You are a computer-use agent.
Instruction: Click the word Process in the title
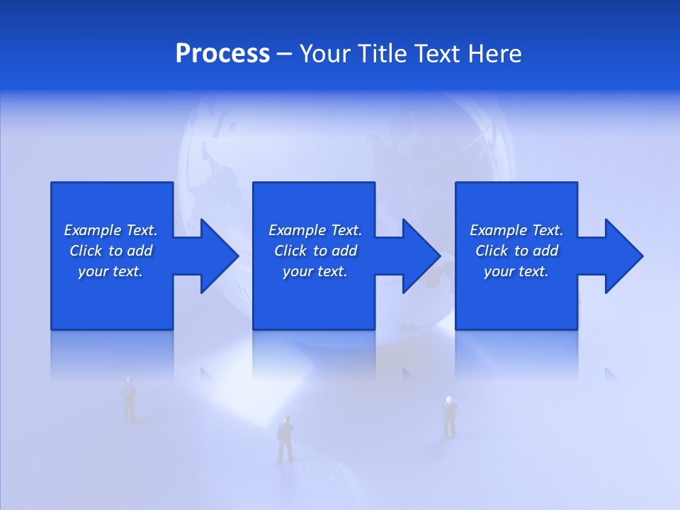pyautogui.click(x=222, y=54)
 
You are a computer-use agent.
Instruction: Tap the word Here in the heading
pyautogui.click(x=495, y=54)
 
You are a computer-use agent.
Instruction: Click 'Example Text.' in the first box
pyautogui.click(x=110, y=230)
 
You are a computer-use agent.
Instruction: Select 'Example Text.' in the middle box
pyautogui.click(x=315, y=230)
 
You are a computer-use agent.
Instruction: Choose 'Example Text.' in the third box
pyautogui.click(x=516, y=230)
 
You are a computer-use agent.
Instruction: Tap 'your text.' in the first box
pyautogui.click(x=110, y=271)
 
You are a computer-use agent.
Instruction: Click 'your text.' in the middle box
pyautogui.click(x=315, y=271)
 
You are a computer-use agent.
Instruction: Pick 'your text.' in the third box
pyautogui.click(x=516, y=271)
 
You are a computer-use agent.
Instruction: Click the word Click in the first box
pyautogui.click(x=86, y=251)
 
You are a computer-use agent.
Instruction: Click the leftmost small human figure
pyautogui.click(x=129, y=400)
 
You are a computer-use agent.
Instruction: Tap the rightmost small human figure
pyautogui.click(x=449, y=417)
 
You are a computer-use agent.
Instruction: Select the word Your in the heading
pyautogui.click(x=325, y=54)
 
